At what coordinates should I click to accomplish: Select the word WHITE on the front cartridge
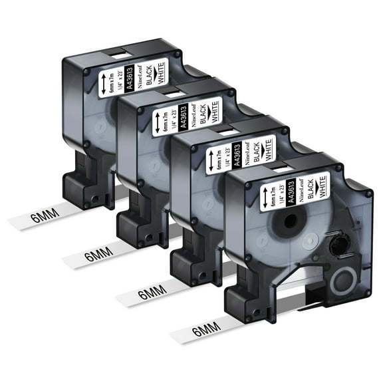pyautogui.click(x=325, y=186)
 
